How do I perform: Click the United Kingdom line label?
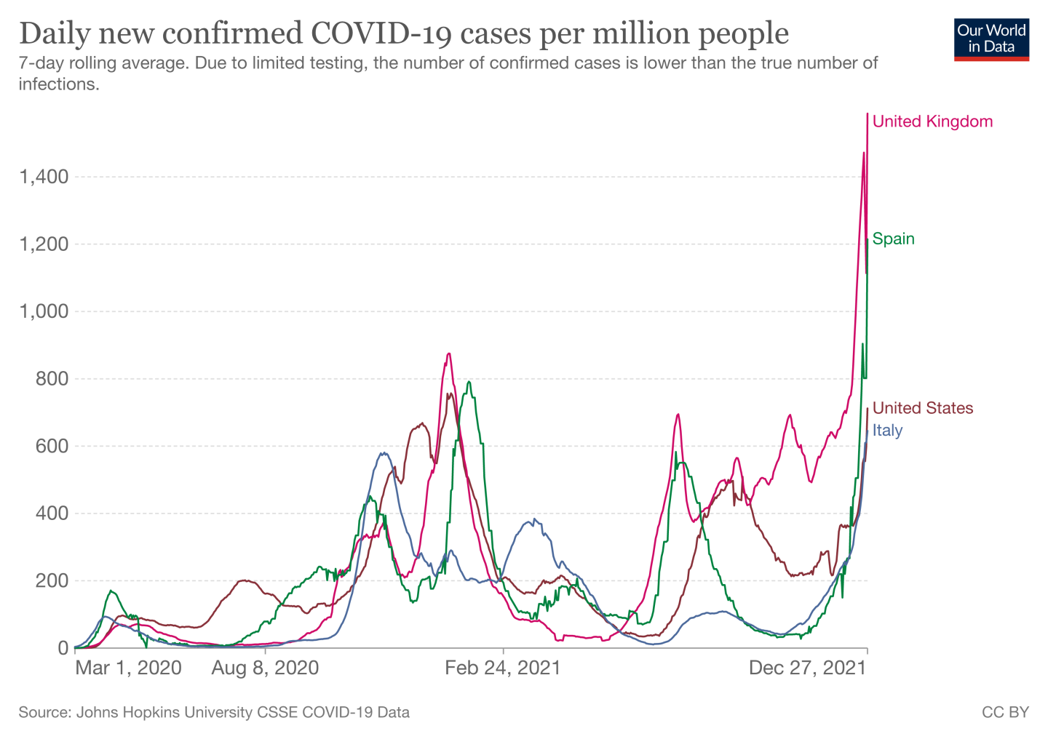click(932, 121)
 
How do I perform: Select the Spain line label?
click(893, 239)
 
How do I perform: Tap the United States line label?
click(922, 408)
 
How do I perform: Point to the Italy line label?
click(887, 431)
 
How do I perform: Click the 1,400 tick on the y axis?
click(44, 177)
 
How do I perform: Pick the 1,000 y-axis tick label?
click(44, 311)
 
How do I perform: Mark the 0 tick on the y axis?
click(63, 648)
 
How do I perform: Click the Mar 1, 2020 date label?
click(128, 668)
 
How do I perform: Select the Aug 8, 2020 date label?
click(265, 668)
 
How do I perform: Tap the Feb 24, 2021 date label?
click(503, 668)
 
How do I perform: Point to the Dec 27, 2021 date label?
click(808, 668)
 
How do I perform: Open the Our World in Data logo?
click(991, 39)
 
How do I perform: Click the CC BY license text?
click(1005, 712)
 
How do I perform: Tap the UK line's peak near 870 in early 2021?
click(449, 353)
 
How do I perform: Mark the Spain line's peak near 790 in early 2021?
click(469, 382)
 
